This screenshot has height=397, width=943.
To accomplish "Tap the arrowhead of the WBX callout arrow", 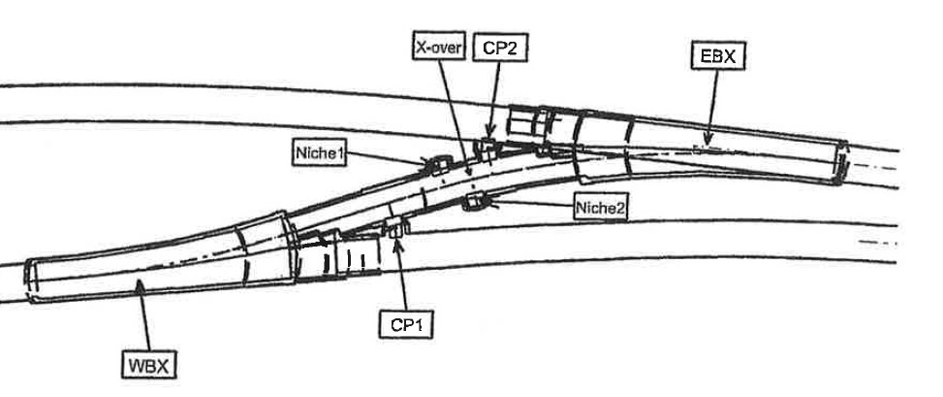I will (140, 281).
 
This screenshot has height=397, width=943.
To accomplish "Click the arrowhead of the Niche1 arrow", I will (427, 163).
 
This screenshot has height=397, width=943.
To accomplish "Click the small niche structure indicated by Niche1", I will (436, 163).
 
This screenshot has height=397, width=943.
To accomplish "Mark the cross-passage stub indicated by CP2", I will (485, 147).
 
